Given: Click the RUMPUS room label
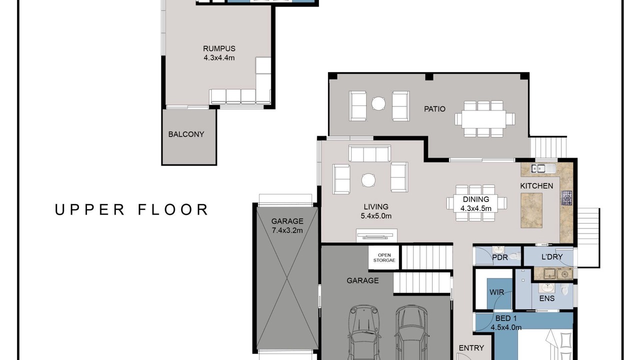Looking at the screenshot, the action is [x=219, y=48].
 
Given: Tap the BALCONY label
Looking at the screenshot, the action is [x=186, y=134].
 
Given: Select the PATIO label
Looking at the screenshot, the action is [x=434, y=109].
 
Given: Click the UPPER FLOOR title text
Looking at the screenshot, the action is [x=131, y=209].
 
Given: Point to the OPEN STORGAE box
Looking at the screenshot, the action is [x=384, y=257].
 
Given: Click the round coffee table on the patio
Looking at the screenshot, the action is [x=378, y=103].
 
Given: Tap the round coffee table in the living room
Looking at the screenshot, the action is [x=368, y=180].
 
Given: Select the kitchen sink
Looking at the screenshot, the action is [x=538, y=168].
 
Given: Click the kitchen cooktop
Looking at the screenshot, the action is [x=567, y=197].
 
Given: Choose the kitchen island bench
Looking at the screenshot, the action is [x=531, y=210].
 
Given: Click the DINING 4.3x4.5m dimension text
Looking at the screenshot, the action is [x=476, y=208].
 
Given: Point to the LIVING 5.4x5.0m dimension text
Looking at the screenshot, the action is [x=376, y=215].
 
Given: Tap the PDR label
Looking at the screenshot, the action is [x=500, y=257].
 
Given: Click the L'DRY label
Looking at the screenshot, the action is [x=552, y=257].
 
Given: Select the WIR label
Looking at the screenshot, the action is [x=497, y=292].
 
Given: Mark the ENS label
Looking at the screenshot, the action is [x=547, y=298].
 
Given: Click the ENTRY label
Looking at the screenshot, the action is [x=471, y=348].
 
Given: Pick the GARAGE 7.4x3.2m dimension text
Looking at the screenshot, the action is [x=287, y=230].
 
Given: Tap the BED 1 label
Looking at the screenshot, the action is [x=506, y=318].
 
